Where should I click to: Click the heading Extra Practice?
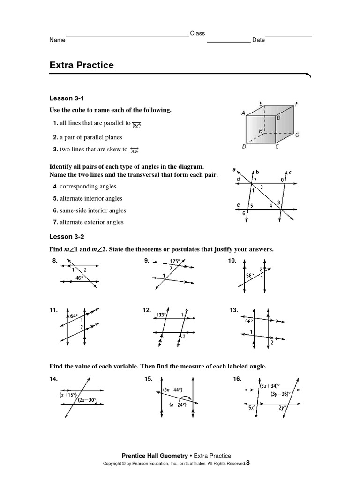pos(82,65)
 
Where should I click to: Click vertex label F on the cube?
pos(297,104)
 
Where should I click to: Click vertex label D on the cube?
pos(244,147)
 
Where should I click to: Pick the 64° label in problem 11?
pos(74,316)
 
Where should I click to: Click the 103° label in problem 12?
pos(162,315)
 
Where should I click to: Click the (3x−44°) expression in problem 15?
pos(173,390)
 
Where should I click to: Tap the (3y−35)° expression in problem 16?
pos(280,394)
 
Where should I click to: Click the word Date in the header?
pos(258,40)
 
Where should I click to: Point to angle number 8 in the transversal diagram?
pos(282,180)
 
